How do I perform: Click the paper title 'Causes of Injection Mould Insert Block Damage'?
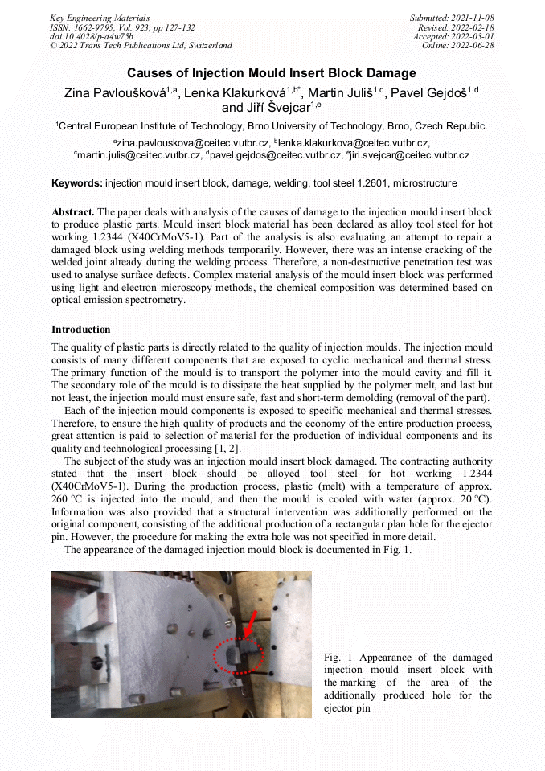click(272, 73)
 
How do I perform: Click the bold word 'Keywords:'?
click(76, 183)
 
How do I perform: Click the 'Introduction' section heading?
click(81, 330)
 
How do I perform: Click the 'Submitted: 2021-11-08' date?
click(452, 18)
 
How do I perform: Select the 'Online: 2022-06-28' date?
click(457, 46)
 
